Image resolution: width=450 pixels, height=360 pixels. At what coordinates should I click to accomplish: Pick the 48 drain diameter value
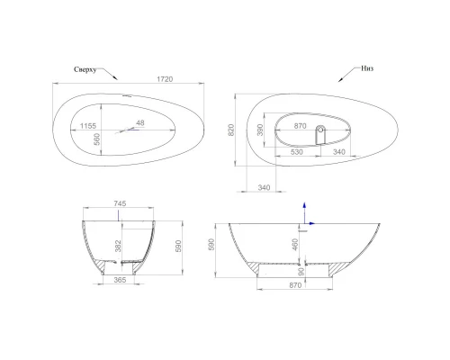140,123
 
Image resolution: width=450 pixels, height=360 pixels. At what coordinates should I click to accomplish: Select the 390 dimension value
286,131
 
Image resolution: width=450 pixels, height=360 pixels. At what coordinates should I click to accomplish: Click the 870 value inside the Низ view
302,126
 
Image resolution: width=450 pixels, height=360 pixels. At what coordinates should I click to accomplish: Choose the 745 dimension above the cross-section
121,203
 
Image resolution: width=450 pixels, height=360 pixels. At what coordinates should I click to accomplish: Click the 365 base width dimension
120,281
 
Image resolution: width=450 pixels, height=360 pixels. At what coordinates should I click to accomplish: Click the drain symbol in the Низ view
320,133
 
